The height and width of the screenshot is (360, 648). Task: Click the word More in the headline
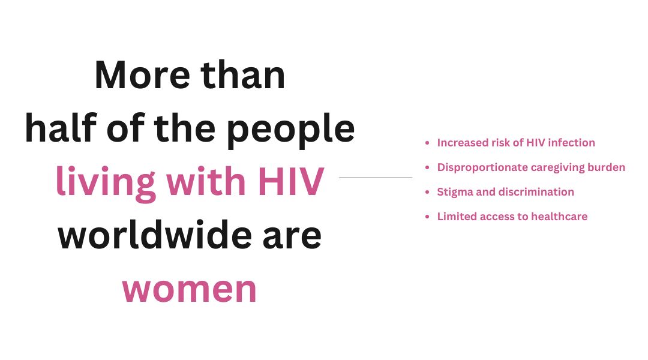point(143,75)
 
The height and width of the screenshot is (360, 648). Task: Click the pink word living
point(106,183)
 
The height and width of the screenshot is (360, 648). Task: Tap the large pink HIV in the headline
point(290,181)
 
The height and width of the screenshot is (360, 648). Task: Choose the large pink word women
point(190,290)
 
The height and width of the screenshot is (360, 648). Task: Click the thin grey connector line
point(376,178)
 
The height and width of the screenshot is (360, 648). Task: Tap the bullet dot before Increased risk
point(427,143)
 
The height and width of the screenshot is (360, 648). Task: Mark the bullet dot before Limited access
point(427,217)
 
